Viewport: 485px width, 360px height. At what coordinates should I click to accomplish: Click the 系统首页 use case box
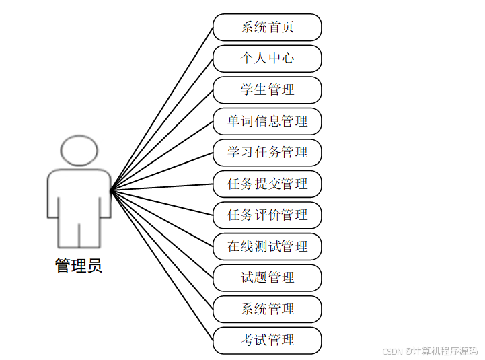pos(267,28)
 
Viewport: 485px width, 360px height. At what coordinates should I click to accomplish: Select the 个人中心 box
pos(267,59)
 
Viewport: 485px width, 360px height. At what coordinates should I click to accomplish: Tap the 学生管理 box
pos(267,89)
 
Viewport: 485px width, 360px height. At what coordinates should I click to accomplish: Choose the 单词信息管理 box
pos(267,121)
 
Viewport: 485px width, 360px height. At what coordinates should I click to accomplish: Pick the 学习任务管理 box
pos(267,153)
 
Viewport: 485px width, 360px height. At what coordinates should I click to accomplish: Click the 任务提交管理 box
pos(267,184)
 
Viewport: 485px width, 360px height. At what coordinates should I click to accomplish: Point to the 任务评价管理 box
pos(267,215)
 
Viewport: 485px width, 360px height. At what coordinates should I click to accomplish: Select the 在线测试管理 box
pos(267,246)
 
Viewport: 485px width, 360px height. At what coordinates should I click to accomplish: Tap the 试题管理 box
pos(267,277)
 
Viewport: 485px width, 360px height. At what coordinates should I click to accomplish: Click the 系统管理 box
pos(267,309)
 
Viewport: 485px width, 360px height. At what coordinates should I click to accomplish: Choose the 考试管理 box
pos(267,340)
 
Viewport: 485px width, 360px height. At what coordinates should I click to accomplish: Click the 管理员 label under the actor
pos(79,266)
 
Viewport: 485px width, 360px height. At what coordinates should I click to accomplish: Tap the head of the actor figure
pos(79,151)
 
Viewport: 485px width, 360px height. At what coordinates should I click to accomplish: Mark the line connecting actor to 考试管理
pos(161,264)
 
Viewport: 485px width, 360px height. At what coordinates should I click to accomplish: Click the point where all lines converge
pos(111,190)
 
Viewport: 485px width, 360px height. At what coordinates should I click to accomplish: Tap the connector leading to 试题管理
pos(161,233)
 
